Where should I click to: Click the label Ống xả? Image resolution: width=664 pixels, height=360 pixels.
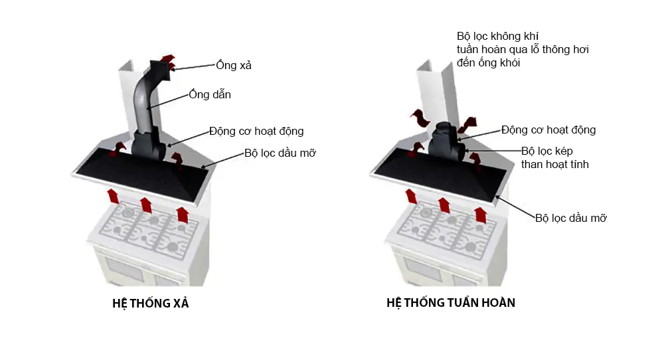point(234,65)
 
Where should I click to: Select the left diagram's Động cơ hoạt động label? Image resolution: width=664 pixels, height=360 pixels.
point(256,132)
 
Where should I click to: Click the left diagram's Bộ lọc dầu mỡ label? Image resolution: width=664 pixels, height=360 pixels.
point(280,153)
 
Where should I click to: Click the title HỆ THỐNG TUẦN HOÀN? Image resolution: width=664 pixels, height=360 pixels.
point(451,303)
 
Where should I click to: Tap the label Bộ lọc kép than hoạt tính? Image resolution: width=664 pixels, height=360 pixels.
point(555,157)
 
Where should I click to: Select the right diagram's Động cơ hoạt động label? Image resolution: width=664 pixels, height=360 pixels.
point(548,130)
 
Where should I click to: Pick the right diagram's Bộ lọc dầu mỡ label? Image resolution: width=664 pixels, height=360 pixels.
point(571,218)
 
